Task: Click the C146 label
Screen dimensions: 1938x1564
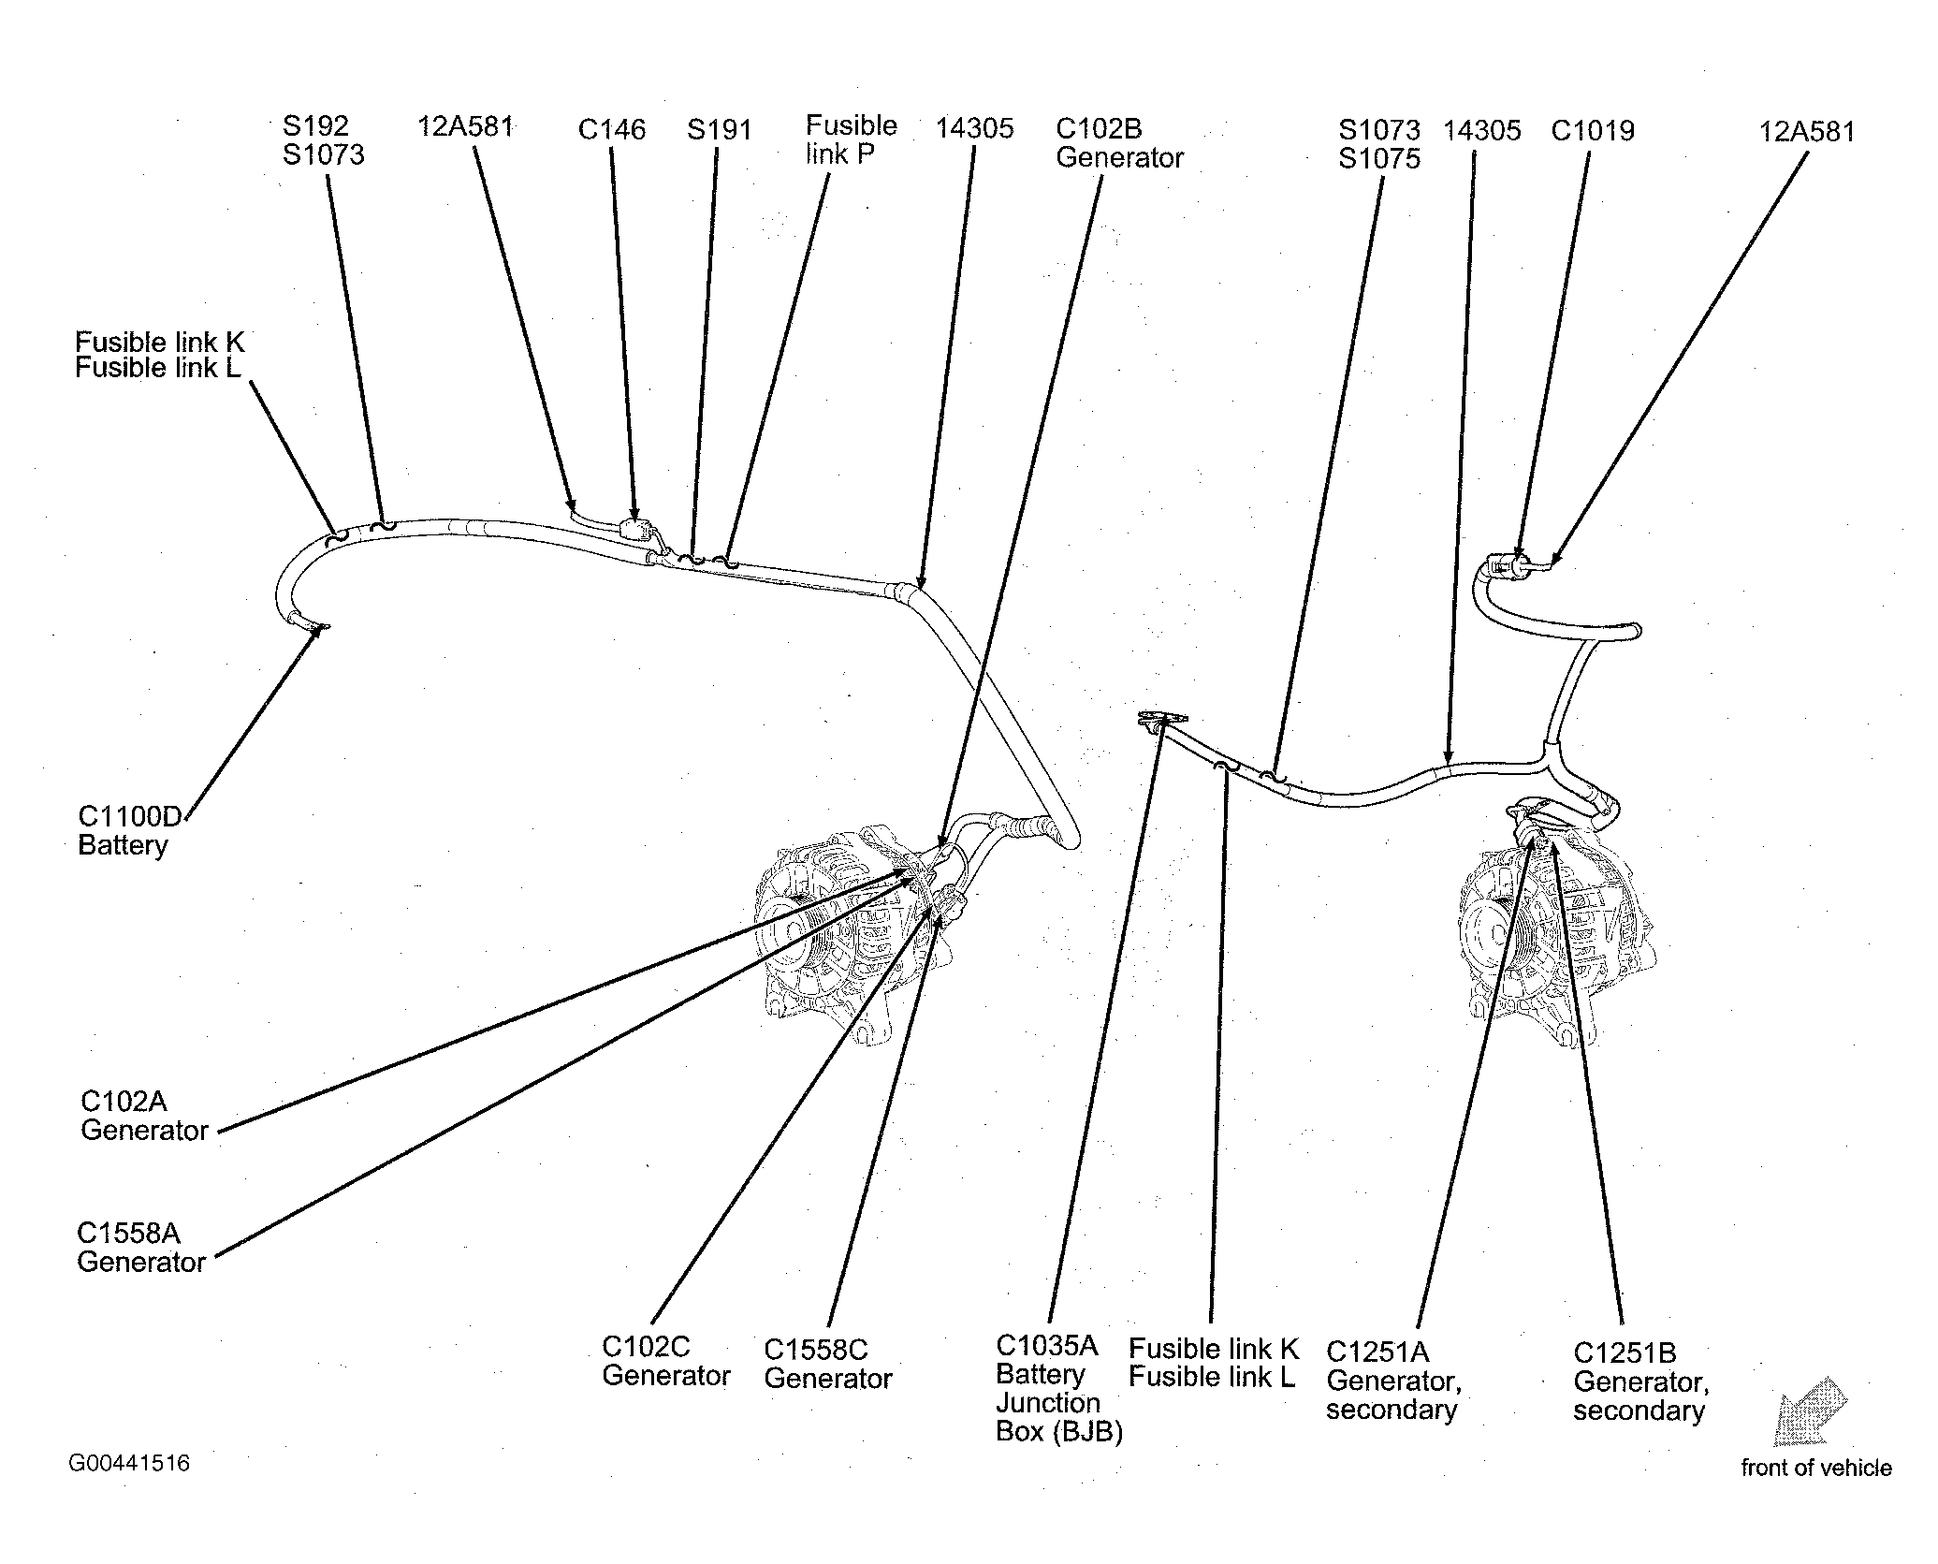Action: [611, 129]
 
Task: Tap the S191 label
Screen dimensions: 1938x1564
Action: [719, 129]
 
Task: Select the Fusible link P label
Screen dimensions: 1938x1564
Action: [851, 139]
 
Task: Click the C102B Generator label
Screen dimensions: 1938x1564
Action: [1119, 142]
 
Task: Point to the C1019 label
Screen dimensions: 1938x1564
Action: [1592, 130]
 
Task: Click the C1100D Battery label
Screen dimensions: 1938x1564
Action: [129, 830]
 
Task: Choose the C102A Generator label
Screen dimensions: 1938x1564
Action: [144, 1115]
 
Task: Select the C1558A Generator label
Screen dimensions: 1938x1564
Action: [141, 1247]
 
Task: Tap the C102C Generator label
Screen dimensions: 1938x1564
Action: [665, 1361]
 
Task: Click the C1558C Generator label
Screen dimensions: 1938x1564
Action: [827, 1364]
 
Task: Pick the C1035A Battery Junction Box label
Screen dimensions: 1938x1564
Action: [1058, 1389]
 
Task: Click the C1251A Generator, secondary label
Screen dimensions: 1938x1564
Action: [1393, 1380]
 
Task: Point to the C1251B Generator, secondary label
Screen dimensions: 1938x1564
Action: [1640, 1381]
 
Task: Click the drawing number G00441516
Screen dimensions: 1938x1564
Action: [129, 1463]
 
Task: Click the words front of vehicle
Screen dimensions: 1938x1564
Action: [1815, 1468]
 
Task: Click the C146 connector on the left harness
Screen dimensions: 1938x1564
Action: [633, 529]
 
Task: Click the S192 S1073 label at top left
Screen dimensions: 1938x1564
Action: [323, 139]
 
